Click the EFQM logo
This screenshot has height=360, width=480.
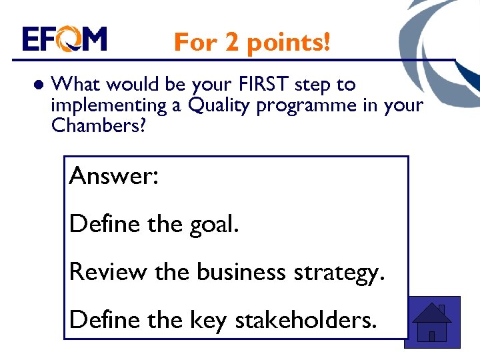(x=64, y=39)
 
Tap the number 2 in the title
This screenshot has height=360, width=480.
(x=231, y=43)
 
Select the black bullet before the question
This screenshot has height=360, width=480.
(x=37, y=86)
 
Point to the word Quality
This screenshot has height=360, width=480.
(x=214, y=106)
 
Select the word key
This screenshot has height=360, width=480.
(x=208, y=321)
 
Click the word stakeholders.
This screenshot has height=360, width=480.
(x=306, y=319)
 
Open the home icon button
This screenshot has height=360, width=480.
(x=433, y=322)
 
